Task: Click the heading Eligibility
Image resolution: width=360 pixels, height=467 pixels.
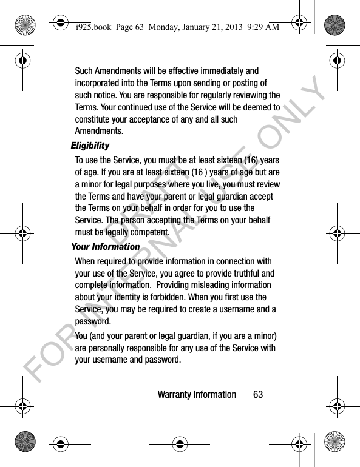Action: click(90, 146)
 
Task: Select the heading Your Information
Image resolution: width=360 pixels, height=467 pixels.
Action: click(106, 247)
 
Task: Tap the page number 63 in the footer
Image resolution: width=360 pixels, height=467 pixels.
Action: click(259, 395)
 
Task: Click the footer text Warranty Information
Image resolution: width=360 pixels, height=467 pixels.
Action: click(197, 395)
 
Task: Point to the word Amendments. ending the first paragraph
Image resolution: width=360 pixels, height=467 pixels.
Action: click(99, 132)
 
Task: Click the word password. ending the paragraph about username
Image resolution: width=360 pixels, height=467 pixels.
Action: click(93, 321)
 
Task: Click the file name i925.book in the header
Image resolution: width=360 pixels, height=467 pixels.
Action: click(87, 26)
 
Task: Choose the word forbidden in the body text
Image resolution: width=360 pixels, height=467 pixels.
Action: click(192, 297)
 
